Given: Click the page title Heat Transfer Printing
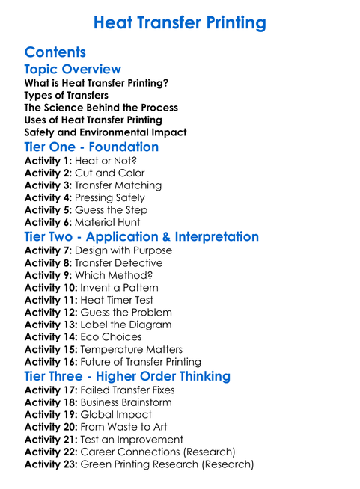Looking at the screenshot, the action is (x=180, y=23).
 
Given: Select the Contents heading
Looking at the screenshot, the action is (x=55, y=52).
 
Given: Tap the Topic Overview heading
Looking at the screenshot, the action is (x=73, y=70).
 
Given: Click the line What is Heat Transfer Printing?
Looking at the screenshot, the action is (x=96, y=83).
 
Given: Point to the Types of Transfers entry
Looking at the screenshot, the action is (x=66, y=96).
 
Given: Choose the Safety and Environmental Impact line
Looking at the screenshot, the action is (x=106, y=132).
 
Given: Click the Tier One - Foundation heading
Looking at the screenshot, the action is (x=91, y=147).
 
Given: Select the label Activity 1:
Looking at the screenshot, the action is (x=49, y=161).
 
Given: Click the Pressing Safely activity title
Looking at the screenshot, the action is (x=111, y=197).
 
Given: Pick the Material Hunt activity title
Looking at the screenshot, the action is (x=109, y=222).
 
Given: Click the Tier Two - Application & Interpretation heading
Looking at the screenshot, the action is (x=141, y=237).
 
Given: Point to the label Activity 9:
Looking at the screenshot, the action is (x=49, y=275).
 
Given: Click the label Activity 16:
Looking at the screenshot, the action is (x=51, y=362).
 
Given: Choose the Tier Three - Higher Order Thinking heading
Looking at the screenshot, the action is (x=127, y=376).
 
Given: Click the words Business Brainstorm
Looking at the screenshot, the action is (x=132, y=402).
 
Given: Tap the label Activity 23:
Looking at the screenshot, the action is (x=51, y=464).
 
